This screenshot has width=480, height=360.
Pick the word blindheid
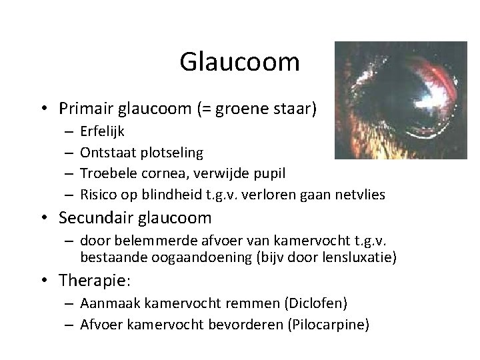(163, 194)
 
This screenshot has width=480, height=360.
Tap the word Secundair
(95, 218)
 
